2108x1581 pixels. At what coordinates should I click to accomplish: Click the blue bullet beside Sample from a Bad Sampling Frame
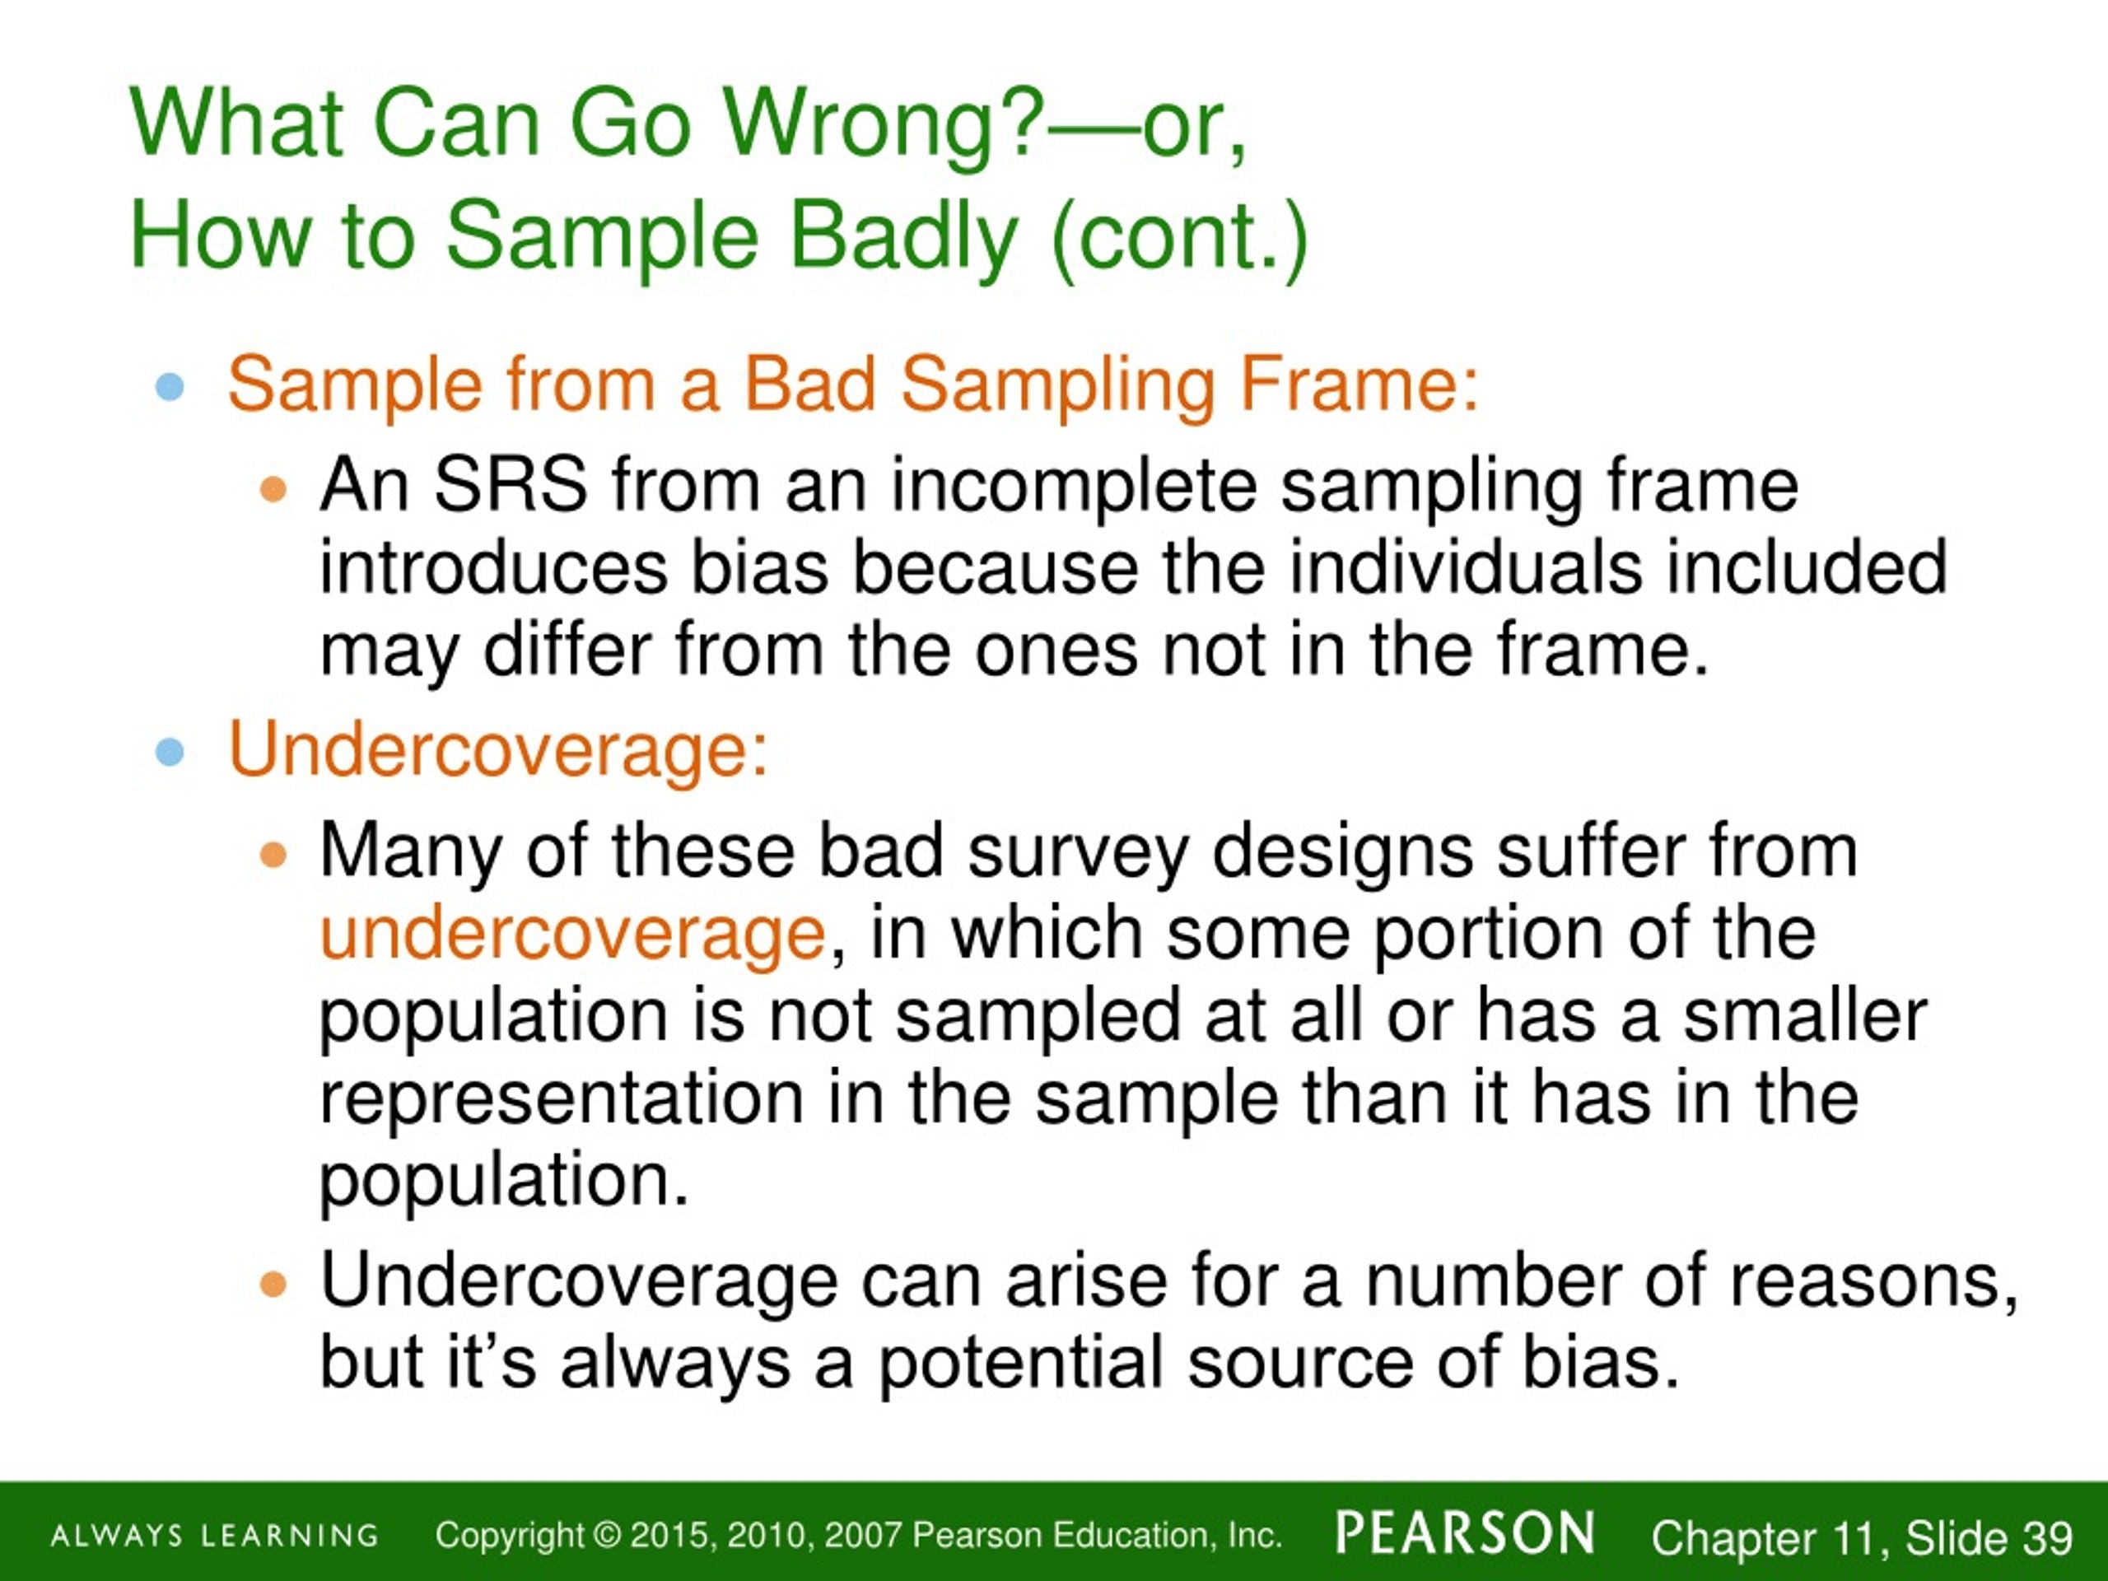click(170, 387)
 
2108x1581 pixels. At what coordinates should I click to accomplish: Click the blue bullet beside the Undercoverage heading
click(170, 752)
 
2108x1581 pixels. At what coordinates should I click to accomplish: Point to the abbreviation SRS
click(510, 486)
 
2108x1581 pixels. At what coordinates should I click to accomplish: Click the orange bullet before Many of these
click(273, 854)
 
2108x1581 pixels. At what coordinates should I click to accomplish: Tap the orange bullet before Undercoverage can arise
click(273, 1285)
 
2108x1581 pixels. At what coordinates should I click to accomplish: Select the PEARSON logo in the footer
click(1466, 1532)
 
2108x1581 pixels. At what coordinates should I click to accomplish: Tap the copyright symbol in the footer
click(606, 1535)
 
